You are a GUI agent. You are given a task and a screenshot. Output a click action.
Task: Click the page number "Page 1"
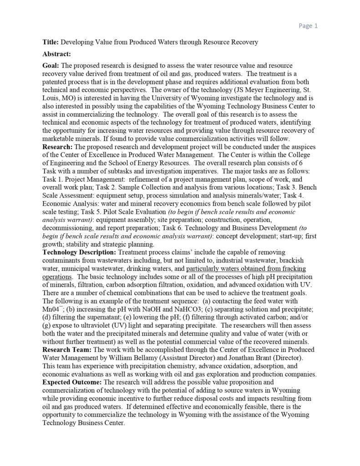(x=308, y=25)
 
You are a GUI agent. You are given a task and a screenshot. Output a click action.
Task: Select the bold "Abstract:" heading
(x=56, y=54)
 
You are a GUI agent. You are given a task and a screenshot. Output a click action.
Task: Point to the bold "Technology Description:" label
(x=79, y=252)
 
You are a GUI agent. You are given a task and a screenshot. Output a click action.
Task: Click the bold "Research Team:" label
(x=66, y=349)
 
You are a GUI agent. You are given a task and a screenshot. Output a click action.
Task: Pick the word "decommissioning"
(x=68, y=228)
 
